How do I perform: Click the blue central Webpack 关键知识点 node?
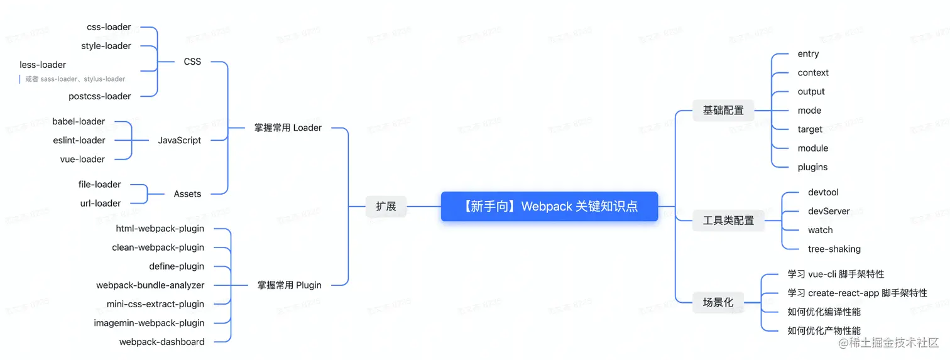coord(549,206)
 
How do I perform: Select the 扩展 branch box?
coord(386,206)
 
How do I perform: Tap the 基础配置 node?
coord(723,111)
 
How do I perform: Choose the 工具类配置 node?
coord(728,221)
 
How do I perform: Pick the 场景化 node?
coord(718,302)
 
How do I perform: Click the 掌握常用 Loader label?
coord(288,128)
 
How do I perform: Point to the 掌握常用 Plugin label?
coord(289,285)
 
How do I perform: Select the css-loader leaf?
coord(109,27)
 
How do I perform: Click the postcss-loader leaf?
coord(100,96)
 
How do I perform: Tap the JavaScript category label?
coord(180,140)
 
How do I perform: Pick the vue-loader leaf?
coord(82,159)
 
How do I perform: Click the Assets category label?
coord(187,194)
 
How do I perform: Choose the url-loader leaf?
coord(101,203)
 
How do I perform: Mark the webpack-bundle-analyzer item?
coord(150,285)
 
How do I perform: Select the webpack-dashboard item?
coord(161,342)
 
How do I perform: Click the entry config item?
coord(808,54)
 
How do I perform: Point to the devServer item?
coord(829,211)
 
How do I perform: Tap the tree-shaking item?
coord(834,249)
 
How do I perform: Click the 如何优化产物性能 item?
coord(824,330)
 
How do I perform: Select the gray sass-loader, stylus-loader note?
coord(75,79)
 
